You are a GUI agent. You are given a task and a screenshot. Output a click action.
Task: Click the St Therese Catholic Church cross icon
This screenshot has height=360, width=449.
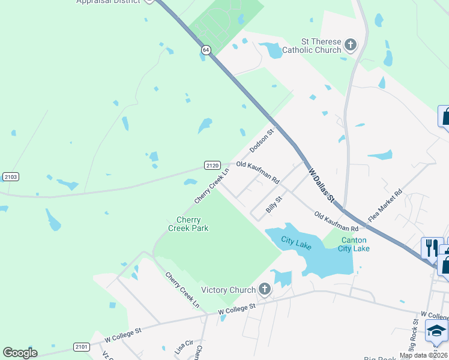[350, 45]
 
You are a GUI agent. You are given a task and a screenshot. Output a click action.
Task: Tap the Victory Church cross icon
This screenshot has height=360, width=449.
[265, 290]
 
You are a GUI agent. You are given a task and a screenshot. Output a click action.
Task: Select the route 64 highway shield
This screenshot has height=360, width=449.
[206, 52]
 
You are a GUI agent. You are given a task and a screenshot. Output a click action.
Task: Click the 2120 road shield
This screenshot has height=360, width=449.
[212, 166]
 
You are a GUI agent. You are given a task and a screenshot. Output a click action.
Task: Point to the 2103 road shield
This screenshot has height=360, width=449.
[10, 176]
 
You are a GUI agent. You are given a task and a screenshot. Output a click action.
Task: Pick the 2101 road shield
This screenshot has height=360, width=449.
[82, 347]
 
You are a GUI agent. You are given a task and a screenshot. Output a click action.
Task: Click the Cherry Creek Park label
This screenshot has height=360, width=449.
[188, 224]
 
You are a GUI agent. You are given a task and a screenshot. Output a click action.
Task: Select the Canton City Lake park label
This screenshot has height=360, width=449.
[354, 244]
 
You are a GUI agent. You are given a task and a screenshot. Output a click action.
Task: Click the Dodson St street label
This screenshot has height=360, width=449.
[261, 140]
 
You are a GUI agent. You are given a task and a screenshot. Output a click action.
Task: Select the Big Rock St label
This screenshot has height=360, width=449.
[413, 335]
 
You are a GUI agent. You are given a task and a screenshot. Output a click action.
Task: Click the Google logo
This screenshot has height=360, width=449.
[20, 353]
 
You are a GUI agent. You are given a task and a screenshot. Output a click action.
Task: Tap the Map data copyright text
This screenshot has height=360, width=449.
[423, 355]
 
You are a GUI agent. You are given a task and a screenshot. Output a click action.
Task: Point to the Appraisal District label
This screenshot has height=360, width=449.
[109, 2]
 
